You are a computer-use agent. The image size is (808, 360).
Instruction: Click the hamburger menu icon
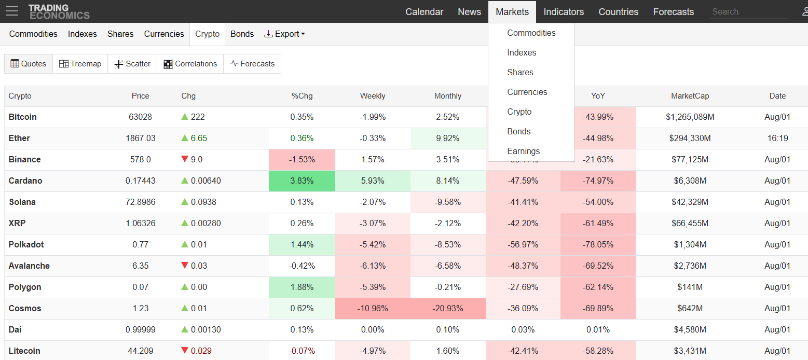pos(12,11)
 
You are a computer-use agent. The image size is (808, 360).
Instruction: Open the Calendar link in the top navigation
pos(424,11)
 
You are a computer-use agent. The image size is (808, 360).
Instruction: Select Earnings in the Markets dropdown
pos(524,151)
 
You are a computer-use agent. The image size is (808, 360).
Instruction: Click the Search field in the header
pos(748,11)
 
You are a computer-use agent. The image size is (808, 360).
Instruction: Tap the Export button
pos(284,34)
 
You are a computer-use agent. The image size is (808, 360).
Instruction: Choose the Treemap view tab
pos(80,64)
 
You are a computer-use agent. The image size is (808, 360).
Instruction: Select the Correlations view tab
pos(190,64)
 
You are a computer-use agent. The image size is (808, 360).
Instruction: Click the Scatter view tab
pos(132,64)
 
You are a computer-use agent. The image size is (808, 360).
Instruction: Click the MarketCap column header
pos(690,96)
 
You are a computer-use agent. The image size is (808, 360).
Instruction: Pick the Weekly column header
pos(373,96)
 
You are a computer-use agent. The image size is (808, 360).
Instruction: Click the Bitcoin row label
pos(23,117)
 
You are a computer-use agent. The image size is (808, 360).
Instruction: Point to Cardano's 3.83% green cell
pos(302,181)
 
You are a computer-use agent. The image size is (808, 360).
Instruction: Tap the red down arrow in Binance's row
pos(185,159)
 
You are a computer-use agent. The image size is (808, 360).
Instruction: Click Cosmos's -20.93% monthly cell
pos(448,309)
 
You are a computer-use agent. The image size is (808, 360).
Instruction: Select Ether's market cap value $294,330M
pos(690,138)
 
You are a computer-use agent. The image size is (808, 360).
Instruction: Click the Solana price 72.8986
pos(140,202)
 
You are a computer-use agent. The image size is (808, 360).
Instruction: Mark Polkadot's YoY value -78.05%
pos(598,244)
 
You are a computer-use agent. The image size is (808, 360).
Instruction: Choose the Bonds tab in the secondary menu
pos(242,34)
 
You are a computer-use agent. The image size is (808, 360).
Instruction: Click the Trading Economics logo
pos(59,11)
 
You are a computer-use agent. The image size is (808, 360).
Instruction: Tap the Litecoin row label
pos(24,351)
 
